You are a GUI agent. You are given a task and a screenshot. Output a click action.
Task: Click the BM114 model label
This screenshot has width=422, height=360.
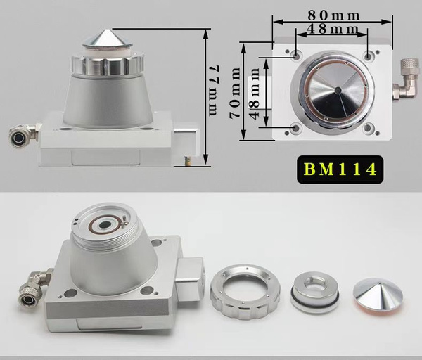click(340, 169)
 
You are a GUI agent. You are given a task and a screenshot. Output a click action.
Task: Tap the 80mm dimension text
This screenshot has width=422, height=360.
click(333, 15)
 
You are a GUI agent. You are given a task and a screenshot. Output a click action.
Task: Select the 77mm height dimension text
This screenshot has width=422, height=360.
click(215, 90)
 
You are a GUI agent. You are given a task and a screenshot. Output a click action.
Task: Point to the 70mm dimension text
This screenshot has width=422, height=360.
click(234, 93)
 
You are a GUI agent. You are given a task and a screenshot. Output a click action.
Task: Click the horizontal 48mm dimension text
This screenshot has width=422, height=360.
click(333, 29)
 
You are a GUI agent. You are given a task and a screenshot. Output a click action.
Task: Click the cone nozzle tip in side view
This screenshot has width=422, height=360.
click(108, 38)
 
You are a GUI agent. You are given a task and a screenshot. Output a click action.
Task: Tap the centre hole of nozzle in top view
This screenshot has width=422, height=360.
click(338, 90)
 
